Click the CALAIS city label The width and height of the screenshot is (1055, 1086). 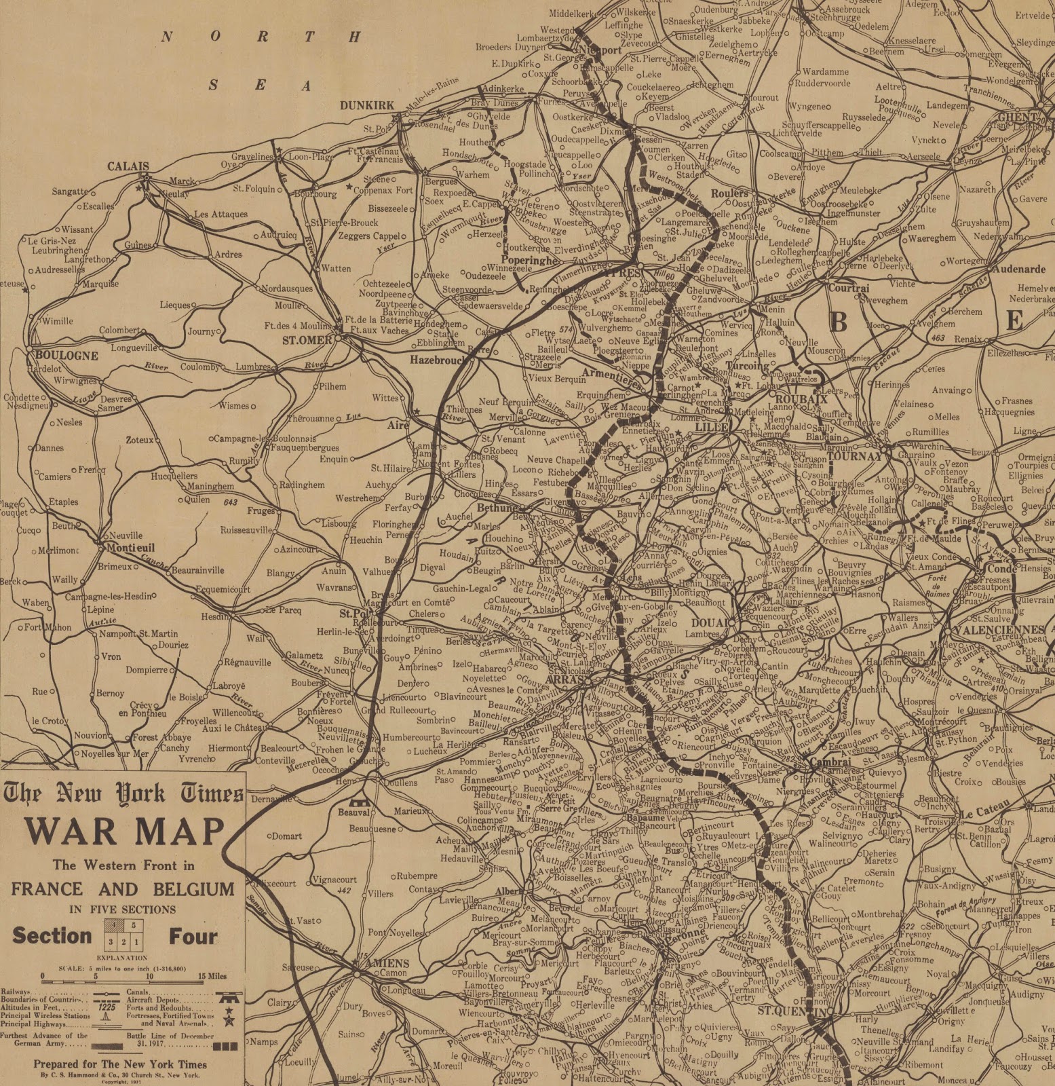tap(128, 166)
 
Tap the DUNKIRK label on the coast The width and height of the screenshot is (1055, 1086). tap(367, 105)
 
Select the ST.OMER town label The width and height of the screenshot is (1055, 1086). tap(307, 340)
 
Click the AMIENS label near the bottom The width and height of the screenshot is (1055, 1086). tap(387, 963)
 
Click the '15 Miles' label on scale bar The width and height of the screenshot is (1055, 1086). tap(212, 976)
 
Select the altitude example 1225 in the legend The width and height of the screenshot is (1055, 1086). tap(107, 1007)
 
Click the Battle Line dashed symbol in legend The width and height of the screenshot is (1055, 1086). tap(225, 1046)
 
